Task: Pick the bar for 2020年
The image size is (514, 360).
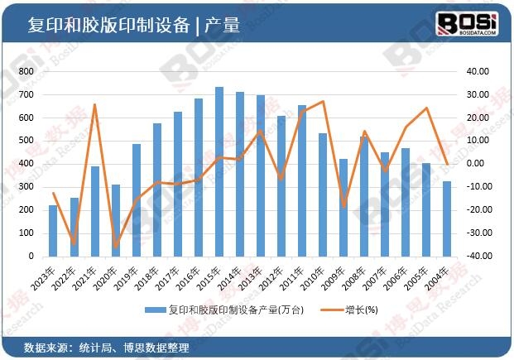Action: [x=116, y=220]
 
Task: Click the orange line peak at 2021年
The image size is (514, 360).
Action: [x=95, y=105]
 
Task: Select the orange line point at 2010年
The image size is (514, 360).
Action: [x=323, y=102]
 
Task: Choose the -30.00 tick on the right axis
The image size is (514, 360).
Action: [x=475, y=233]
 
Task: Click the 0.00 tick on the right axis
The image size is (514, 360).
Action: [x=475, y=164]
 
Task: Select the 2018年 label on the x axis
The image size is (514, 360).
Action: [x=151, y=272]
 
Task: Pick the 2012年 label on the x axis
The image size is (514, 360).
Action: [x=276, y=272]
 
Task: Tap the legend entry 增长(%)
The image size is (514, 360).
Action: [x=352, y=310]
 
